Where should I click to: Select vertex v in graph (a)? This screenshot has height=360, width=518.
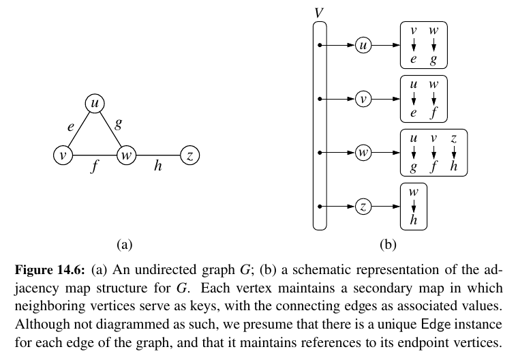pyautogui.click(x=63, y=156)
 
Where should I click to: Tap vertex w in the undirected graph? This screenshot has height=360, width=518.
pyautogui.click(x=125, y=156)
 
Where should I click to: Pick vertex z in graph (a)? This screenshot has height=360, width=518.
pyautogui.click(x=189, y=156)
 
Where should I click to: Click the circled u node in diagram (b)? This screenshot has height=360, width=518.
pyautogui.click(x=363, y=46)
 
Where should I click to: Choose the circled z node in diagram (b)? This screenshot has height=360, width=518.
pyautogui.click(x=363, y=205)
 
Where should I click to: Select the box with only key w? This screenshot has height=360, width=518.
pyautogui.click(x=413, y=205)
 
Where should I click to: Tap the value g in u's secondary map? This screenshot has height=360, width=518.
pyautogui.click(x=433, y=60)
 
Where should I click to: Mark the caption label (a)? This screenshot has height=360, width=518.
pyautogui.click(x=123, y=242)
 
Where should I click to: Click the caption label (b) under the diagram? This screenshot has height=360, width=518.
pyautogui.click(x=388, y=242)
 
